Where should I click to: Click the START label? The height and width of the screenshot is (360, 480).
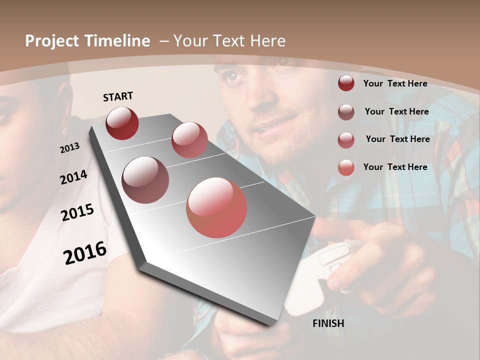[x=118, y=96]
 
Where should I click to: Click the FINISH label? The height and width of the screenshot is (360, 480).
[x=328, y=323]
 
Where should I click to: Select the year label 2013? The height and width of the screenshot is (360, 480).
[x=70, y=148]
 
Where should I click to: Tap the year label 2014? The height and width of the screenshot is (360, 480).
[x=73, y=177]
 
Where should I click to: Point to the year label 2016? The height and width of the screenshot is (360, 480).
[x=85, y=253]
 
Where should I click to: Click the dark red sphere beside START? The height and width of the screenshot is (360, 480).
[x=122, y=123]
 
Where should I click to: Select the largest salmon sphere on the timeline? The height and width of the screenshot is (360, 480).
[x=216, y=207]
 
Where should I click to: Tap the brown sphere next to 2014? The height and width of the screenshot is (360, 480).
[x=145, y=180]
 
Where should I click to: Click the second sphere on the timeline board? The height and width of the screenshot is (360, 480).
[x=189, y=140]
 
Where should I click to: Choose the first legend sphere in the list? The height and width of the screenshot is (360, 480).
[x=346, y=83]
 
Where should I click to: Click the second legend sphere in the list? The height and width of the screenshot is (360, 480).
[x=346, y=112]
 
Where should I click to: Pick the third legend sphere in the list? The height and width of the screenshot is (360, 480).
[x=346, y=140]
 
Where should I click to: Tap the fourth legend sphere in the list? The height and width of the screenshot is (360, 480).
[x=346, y=168]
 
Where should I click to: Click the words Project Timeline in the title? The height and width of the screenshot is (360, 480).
[x=87, y=41]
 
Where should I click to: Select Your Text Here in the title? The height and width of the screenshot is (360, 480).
[x=229, y=41]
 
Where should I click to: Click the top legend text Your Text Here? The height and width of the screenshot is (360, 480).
[x=395, y=83]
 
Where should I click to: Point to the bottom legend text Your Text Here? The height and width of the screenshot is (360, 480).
[x=395, y=167]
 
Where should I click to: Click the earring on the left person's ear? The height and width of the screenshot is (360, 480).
[x=64, y=131]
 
